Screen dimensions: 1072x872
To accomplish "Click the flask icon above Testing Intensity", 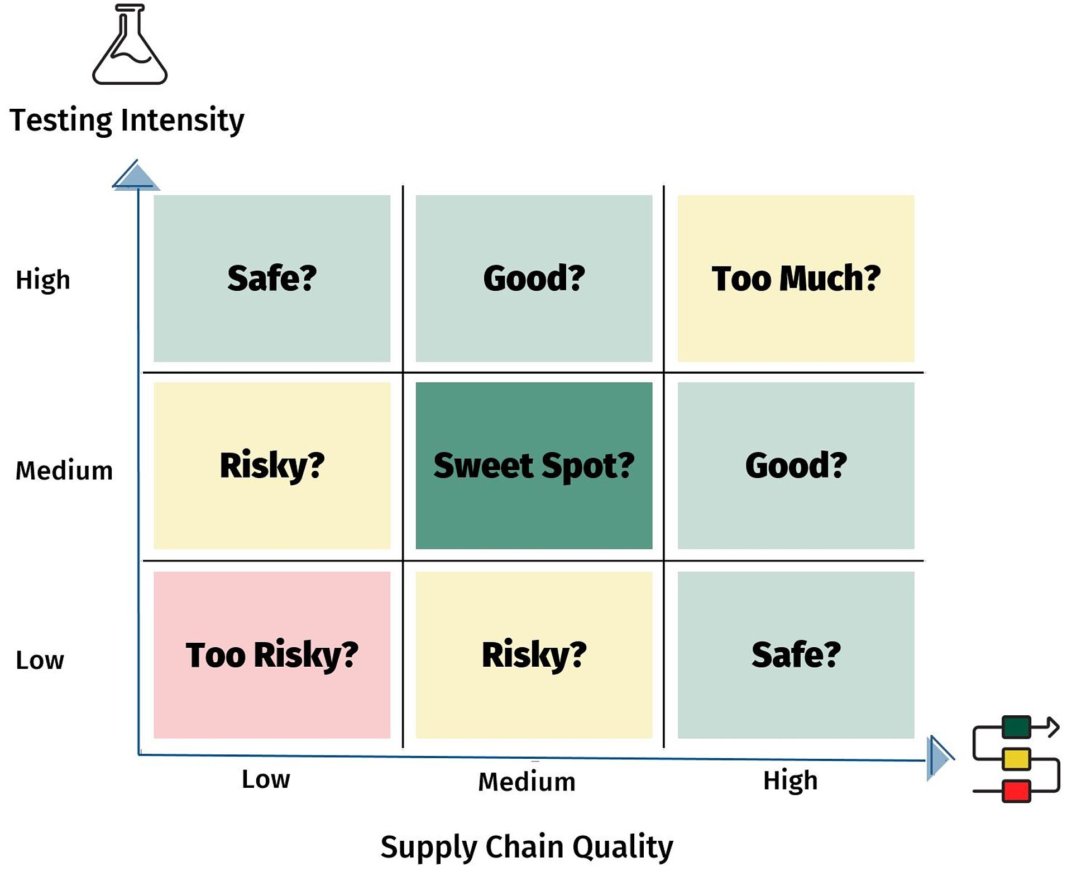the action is click(130, 44).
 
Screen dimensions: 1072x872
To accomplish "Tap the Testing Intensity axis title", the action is click(127, 120).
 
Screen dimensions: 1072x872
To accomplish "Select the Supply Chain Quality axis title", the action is click(527, 847).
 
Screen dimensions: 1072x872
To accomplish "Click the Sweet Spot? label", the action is click(534, 466).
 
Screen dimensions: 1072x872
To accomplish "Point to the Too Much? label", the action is click(796, 278).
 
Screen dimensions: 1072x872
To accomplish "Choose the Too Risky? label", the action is click(272, 655).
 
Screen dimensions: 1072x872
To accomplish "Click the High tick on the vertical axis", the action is click(43, 280).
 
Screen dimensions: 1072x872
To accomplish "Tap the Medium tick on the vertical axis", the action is click(64, 470).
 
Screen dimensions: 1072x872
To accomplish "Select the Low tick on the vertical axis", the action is click(40, 660).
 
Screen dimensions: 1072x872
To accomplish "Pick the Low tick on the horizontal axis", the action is click(266, 779).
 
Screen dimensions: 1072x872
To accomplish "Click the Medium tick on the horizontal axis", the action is click(527, 781).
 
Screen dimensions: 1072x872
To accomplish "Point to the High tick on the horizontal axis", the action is click(790, 781).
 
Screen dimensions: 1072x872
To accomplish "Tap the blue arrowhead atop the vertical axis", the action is click(136, 176).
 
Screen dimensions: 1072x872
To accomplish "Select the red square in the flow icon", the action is click(1016, 791).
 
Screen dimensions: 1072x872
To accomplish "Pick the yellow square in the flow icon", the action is click(1016, 759).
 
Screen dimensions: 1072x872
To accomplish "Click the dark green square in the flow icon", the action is click(1016, 727).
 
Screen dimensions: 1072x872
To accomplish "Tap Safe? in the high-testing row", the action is click(272, 278).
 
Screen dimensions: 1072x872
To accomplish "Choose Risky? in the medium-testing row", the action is click(272, 466).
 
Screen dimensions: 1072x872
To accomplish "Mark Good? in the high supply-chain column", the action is click(796, 466).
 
